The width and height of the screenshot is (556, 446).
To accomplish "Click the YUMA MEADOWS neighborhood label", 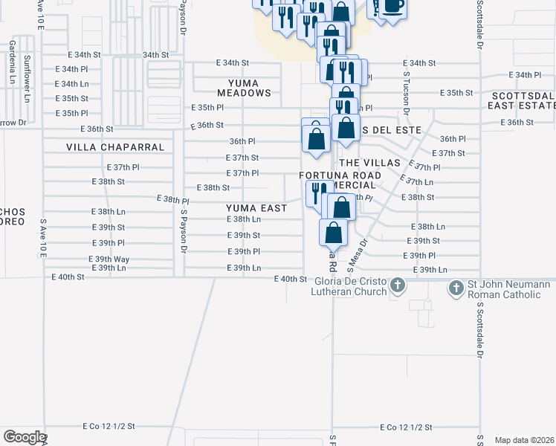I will [x=244, y=87].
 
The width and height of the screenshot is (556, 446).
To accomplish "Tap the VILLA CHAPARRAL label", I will [x=114, y=147].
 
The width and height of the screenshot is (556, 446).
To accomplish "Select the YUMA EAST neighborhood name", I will [x=256, y=208].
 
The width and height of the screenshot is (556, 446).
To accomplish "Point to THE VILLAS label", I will [x=369, y=162].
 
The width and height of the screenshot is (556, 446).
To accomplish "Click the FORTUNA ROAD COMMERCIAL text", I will [x=340, y=180].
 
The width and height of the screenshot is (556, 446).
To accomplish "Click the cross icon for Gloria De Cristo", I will [x=398, y=285].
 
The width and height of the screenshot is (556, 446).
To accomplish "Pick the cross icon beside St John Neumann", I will [x=456, y=285].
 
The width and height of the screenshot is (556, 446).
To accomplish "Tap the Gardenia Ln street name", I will [x=13, y=61].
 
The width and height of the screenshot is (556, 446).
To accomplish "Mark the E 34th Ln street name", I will [x=72, y=84].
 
